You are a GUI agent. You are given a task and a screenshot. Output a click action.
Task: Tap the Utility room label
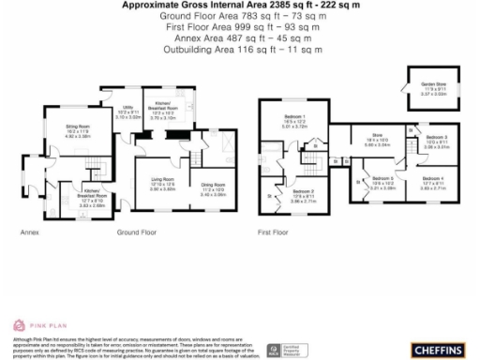tap(113, 112)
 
